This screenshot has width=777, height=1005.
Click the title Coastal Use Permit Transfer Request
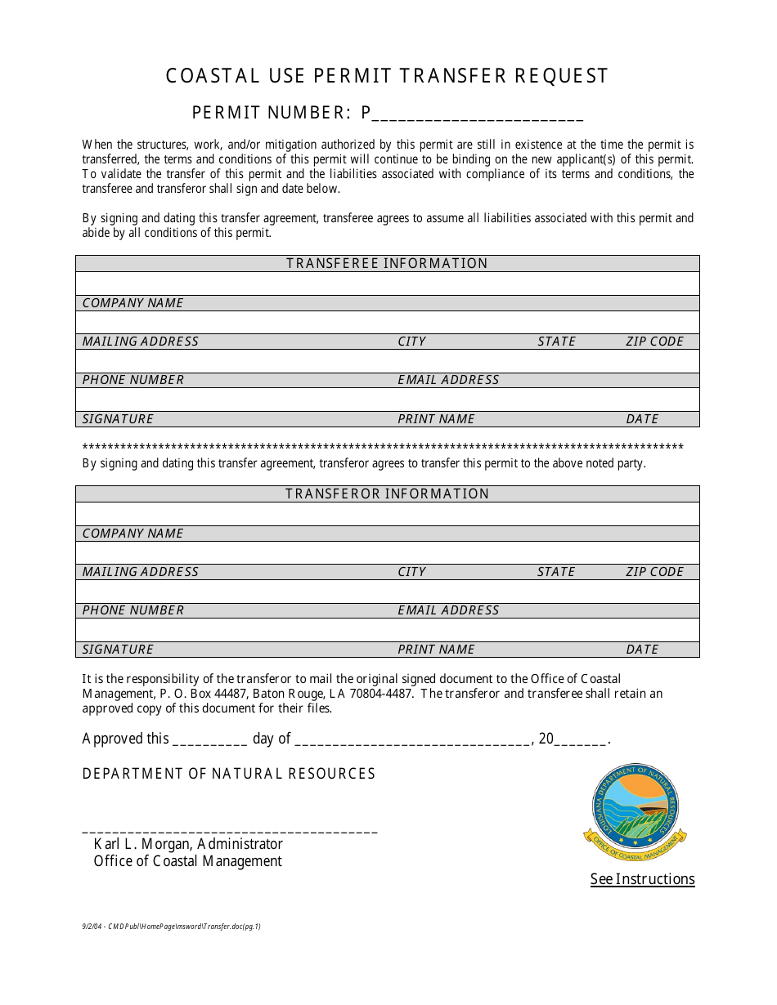point(387,76)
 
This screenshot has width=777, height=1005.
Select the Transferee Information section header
point(387,263)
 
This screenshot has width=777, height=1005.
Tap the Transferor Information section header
point(387,494)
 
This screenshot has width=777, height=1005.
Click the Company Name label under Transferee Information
point(132,303)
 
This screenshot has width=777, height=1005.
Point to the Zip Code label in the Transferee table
point(654,342)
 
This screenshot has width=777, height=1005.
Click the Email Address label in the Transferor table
point(448,610)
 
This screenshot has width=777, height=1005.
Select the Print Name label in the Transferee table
point(436,419)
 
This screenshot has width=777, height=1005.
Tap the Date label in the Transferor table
point(642,650)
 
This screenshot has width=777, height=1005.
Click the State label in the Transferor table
point(556,572)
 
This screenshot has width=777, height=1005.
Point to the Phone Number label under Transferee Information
point(133,380)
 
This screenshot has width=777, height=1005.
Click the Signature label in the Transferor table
point(118,650)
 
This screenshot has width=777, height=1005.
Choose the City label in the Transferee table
point(411,342)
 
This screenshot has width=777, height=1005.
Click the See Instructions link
point(642,879)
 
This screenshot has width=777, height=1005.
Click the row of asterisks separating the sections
point(383,447)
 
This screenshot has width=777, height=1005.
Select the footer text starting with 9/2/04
point(171,927)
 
